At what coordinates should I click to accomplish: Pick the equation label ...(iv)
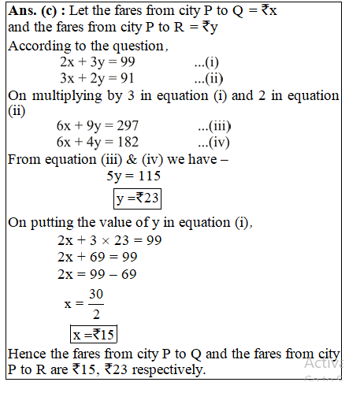(213, 143)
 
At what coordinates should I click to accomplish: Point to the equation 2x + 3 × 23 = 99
(109, 240)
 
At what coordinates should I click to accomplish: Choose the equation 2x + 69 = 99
(98, 257)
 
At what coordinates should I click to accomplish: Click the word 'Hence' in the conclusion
(27, 353)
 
